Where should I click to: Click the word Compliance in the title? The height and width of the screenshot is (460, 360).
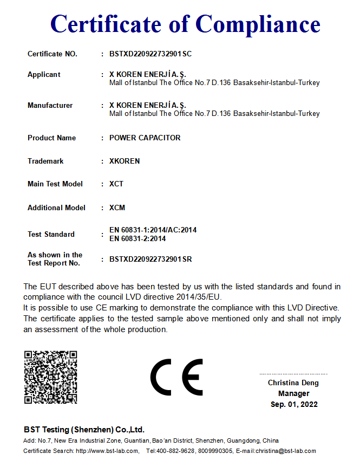[258, 24]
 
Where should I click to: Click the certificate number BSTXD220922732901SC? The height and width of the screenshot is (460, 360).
[150, 54]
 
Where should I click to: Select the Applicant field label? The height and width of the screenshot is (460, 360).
[44, 75]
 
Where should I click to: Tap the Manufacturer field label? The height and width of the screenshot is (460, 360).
[50, 106]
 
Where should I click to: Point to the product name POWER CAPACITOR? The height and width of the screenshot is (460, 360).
[145, 138]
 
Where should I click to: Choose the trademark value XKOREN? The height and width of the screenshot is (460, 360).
[125, 161]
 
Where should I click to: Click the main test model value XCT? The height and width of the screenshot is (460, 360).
[116, 184]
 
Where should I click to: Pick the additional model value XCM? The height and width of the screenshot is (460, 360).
[117, 208]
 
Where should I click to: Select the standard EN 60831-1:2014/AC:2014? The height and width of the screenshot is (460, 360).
[153, 230]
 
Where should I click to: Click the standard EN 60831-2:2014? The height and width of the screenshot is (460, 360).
[138, 238]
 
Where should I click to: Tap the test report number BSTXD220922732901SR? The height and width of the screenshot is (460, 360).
[150, 260]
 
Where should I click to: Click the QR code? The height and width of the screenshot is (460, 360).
[50, 377]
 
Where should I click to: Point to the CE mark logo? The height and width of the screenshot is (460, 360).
[176, 377]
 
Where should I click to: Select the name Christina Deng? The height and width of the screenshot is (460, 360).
[293, 383]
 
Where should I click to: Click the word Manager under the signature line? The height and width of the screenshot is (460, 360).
[294, 394]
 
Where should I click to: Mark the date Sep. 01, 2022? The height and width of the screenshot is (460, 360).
[294, 405]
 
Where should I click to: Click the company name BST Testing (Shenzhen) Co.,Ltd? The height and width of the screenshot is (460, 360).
[84, 430]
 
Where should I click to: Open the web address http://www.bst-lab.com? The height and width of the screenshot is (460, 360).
[107, 451]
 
